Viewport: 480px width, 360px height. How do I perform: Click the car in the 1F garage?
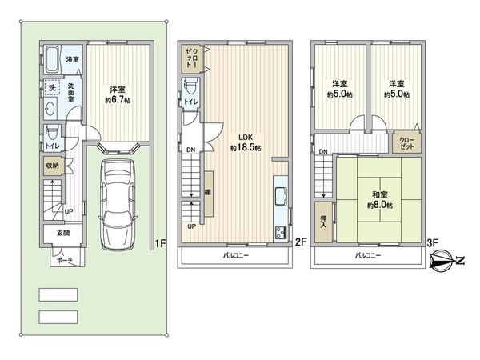[118, 200]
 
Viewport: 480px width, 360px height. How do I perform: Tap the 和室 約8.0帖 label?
[378, 198]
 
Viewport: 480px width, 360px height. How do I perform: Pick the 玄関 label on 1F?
[62, 233]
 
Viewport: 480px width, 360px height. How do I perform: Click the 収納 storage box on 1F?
[50, 166]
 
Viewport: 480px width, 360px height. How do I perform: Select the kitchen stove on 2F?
[281, 233]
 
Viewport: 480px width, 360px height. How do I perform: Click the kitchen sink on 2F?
[281, 199]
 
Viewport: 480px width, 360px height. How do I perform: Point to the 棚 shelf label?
[207, 192]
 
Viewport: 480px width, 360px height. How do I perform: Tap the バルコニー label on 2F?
[234, 256]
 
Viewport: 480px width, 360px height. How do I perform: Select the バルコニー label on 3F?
[367, 256]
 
